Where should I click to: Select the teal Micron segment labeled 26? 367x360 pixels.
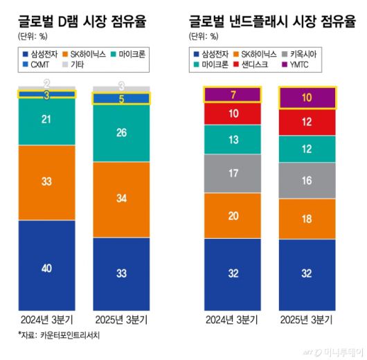point(121,132)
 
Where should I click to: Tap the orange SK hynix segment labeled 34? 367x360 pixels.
point(121,199)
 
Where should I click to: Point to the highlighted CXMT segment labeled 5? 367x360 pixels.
point(121,99)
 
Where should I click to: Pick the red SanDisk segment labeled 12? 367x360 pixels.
point(307,121)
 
